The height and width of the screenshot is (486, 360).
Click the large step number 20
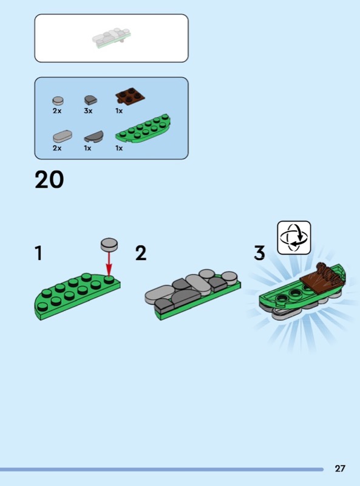click(49, 179)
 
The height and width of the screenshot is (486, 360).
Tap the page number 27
click(340, 468)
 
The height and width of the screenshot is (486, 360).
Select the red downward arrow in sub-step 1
click(109, 263)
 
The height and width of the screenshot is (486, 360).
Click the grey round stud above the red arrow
click(109, 244)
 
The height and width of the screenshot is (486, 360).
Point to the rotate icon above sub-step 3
click(294, 238)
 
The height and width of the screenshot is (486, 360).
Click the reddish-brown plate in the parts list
click(131, 96)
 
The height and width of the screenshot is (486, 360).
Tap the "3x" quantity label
click(88, 111)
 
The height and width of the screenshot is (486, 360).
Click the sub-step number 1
click(39, 253)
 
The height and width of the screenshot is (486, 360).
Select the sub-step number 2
click(141, 253)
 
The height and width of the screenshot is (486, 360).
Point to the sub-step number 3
click(260, 253)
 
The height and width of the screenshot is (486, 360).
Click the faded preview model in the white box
click(112, 38)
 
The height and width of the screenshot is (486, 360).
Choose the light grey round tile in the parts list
click(58, 101)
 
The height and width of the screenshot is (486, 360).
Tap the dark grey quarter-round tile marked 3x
click(90, 100)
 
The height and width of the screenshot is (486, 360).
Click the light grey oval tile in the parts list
click(63, 136)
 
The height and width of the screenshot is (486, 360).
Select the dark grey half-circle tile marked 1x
click(93, 137)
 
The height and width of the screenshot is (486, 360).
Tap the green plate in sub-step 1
click(77, 296)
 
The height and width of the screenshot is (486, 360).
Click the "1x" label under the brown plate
click(119, 111)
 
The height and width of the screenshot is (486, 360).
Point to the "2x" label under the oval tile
click(57, 148)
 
